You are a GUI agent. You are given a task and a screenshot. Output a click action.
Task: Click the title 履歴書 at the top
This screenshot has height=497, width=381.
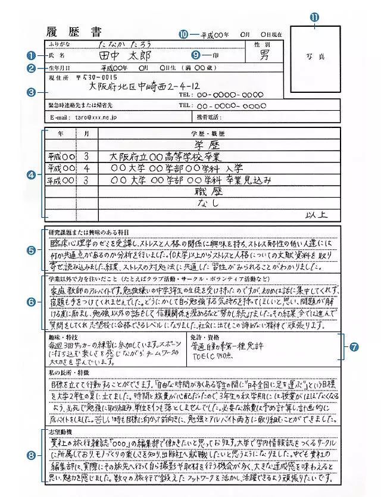[x=73, y=32]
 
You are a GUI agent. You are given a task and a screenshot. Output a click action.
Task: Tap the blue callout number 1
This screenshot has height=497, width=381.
[x=32, y=55]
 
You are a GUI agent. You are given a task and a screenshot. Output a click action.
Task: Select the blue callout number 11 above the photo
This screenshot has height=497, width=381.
[x=315, y=17]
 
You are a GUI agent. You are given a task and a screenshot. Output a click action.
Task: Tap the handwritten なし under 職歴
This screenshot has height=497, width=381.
[x=207, y=203]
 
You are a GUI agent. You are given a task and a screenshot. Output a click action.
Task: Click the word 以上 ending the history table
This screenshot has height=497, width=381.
[x=316, y=214]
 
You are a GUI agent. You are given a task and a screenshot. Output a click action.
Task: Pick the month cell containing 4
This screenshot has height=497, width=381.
[x=86, y=168]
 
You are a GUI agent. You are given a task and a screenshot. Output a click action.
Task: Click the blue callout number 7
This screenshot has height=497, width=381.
[x=354, y=346]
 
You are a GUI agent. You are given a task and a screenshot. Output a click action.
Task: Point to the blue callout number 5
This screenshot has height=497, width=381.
[x=32, y=250]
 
